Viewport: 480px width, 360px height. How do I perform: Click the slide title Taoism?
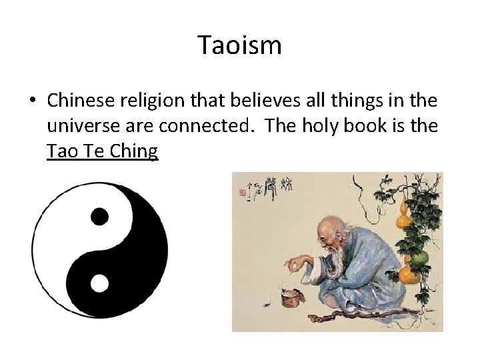pos(240,46)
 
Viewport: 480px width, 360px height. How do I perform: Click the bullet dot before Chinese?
pos(31,101)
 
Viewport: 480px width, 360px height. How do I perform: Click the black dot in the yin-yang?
pos(99,215)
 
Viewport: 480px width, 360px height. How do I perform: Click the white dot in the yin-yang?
pos(99,283)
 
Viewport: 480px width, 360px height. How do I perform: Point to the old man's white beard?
pos(328,273)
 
